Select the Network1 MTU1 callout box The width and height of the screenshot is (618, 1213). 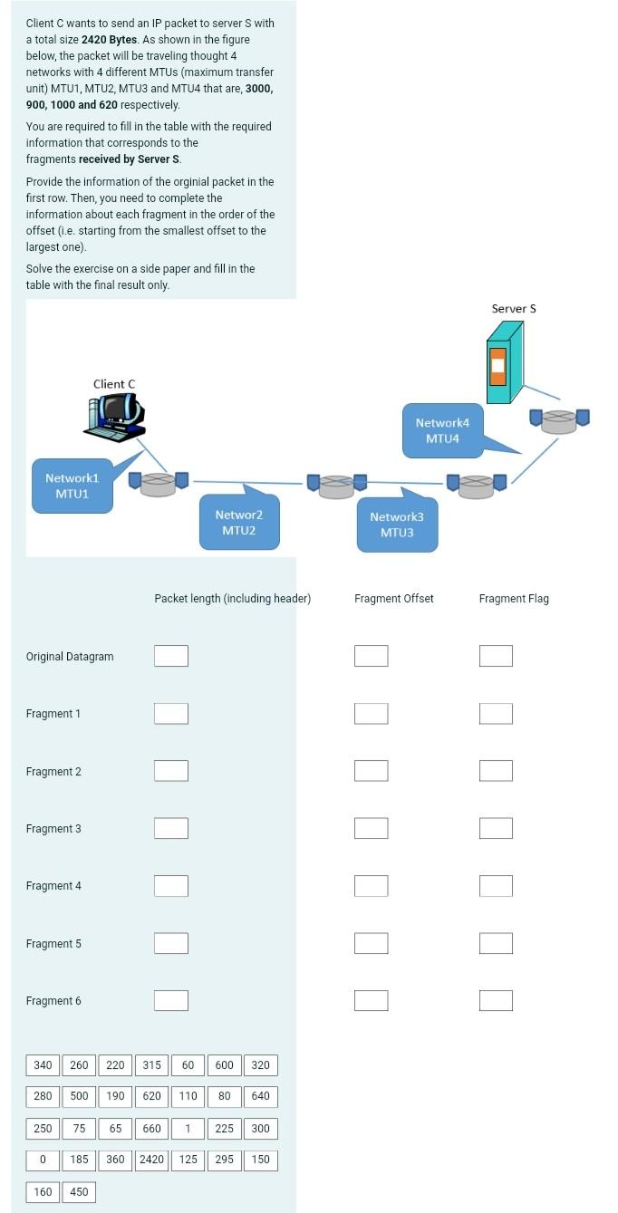tap(72, 485)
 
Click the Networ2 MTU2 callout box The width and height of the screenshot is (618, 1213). tap(239, 522)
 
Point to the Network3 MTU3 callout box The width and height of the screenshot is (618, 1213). tap(397, 525)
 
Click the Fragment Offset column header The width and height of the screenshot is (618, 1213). tap(393, 599)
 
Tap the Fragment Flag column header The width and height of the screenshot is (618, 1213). tap(514, 599)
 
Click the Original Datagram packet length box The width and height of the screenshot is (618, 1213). tap(171, 656)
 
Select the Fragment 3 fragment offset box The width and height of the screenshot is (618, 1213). tap(371, 828)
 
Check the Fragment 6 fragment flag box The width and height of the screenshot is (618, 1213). tap(496, 1000)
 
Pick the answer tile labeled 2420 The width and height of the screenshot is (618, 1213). tap(151, 1160)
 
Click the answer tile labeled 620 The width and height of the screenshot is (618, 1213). tap(151, 1096)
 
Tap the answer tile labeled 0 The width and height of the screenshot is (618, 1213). tap(43, 1160)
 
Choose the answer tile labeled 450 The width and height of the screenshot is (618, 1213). tap(79, 1192)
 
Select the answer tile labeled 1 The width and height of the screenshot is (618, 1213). tap(188, 1129)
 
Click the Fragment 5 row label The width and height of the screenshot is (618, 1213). tap(53, 944)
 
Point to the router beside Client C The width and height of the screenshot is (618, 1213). tap(158, 482)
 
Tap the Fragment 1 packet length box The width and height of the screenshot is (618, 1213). tap(171, 714)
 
